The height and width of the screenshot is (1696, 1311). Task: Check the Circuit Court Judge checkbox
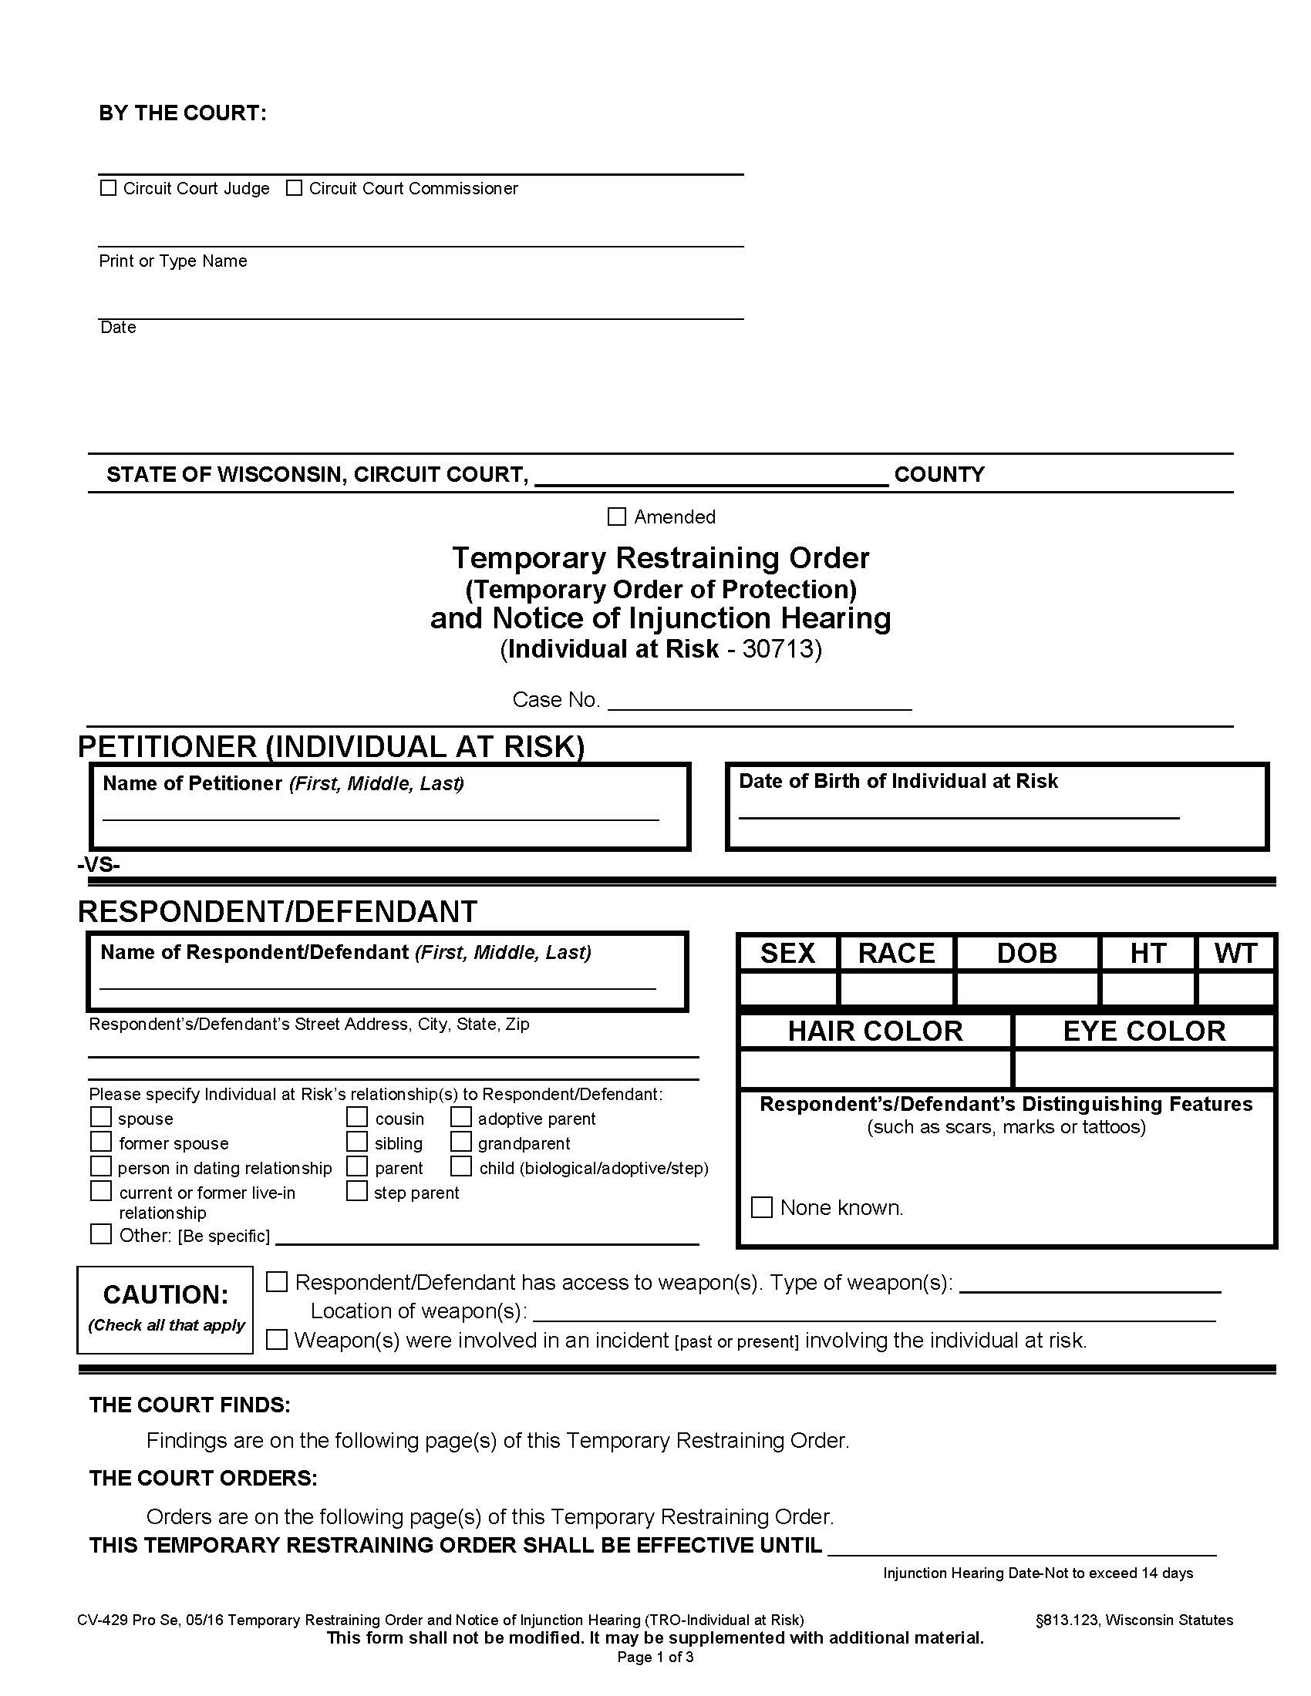tap(109, 188)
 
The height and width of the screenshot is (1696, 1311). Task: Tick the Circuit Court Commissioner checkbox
tap(295, 188)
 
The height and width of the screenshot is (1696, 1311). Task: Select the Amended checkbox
tap(617, 517)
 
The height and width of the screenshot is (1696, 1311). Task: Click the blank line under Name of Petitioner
tap(380, 813)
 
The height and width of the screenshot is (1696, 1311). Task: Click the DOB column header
tap(1026, 954)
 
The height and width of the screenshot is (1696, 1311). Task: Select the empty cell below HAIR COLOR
tap(875, 1069)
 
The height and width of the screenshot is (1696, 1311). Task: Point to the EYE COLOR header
tap(1143, 1031)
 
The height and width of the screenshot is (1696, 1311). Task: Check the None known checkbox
tap(762, 1207)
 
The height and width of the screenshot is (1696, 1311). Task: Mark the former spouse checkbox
tap(101, 1142)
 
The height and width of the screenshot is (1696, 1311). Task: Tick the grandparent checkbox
tap(461, 1142)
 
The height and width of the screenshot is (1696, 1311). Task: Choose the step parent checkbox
tap(357, 1190)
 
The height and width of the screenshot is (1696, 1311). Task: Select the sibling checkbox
tap(357, 1142)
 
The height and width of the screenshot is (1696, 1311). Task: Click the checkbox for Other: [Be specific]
tap(101, 1234)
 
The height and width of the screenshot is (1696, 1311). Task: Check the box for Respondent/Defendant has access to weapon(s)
tap(278, 1282)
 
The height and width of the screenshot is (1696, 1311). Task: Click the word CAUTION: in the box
tap(166, 1294)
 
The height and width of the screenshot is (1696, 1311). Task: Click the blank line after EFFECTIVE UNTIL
tap(1021, 1548)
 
